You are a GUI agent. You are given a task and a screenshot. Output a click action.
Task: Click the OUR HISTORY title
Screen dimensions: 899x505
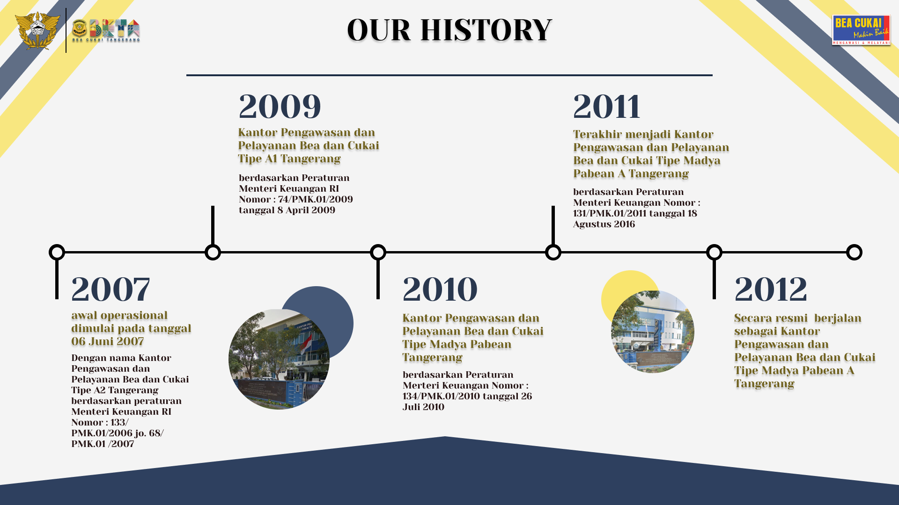coord(449,30)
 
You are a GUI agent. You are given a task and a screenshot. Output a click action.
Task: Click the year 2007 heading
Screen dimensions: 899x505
coord(111,289)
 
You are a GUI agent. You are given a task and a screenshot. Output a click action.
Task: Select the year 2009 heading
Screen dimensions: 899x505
coord(280,106)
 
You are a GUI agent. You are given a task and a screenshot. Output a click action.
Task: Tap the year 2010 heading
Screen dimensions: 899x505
coord(440,289)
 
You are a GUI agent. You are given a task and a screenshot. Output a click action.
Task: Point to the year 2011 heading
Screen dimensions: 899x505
coord(607,106)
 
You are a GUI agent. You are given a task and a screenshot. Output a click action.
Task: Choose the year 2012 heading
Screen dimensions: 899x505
coord(771,289)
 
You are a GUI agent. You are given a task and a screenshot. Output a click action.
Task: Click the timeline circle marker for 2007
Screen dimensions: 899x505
coord(57,252)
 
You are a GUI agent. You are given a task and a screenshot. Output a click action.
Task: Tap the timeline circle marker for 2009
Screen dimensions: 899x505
coord(213,252)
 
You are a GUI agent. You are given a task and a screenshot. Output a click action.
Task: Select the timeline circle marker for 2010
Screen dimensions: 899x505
coord(378,252)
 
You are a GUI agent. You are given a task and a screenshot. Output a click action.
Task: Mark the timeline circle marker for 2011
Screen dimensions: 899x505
coord(553,252)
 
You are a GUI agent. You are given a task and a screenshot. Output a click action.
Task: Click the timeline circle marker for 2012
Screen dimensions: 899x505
coord(714,252)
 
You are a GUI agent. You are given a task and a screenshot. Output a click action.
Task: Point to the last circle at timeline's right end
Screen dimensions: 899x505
coord(854,252)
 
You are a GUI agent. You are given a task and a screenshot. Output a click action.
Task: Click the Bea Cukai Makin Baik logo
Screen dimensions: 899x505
coord(861,30)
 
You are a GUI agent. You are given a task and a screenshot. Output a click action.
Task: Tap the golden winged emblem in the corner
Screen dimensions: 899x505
coord(37,30)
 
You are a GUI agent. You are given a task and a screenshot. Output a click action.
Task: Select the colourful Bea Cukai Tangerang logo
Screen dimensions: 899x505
coord(106,30)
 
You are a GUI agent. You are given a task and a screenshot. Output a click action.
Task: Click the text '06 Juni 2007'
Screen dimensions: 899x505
coord(108,341)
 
